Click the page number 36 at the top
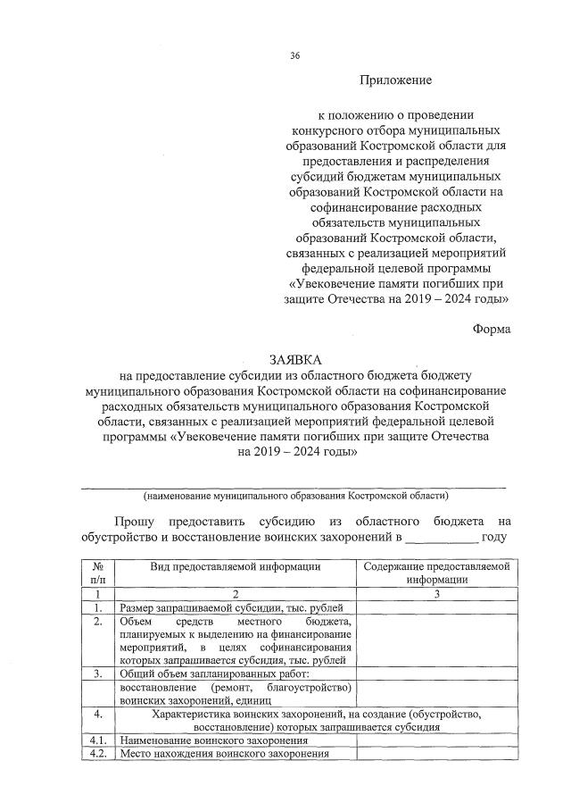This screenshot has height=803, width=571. click(x=294, y=56)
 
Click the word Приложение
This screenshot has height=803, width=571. click(x=395, y=80)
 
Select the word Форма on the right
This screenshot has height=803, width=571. click(x=492, y=328)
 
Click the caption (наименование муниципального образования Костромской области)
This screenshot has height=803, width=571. click(x=296, y=494)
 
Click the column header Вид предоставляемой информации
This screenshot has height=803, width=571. click(x=235, y=566)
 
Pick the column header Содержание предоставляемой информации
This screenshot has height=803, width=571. click(x=435, y=572)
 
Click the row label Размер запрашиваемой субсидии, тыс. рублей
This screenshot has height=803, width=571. click(x=201, y=607)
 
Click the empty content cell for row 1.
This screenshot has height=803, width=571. click(x=435, y=607)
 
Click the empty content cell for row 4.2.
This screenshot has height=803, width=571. click(x=435, y=754)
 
